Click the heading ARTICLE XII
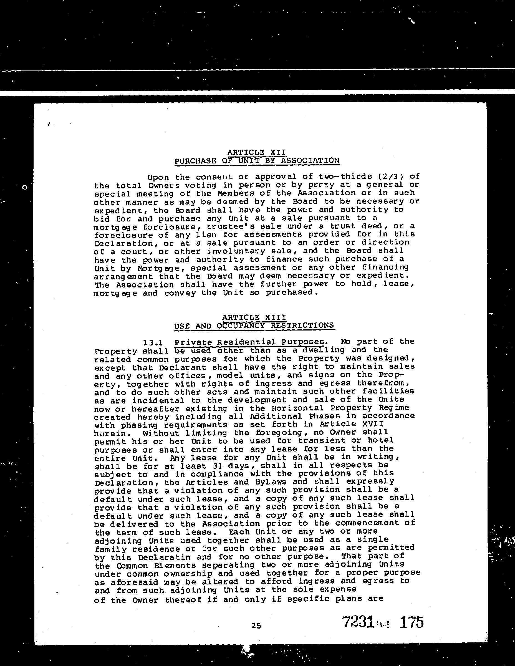pos(256,152)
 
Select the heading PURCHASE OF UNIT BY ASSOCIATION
pos(257,161)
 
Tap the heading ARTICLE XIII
pos(254,317)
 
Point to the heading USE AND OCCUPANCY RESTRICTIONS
pos(254,326)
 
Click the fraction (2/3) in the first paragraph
pos(388,177)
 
